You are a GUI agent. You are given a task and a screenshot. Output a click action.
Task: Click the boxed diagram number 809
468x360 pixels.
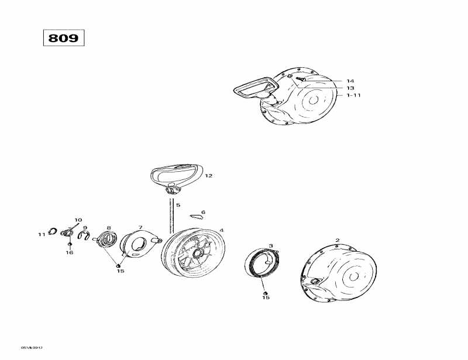(64, 37)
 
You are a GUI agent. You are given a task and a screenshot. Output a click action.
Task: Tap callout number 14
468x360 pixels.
(350, 81)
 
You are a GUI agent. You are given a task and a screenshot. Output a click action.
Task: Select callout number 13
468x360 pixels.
(350, 88)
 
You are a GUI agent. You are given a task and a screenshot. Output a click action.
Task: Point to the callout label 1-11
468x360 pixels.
(353, 95)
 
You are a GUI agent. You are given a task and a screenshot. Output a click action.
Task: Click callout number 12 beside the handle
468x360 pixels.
(208, 175)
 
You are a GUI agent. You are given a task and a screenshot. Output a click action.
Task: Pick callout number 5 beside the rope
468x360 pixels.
(178, 206)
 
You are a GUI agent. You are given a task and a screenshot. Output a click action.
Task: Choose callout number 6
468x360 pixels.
(203, 213)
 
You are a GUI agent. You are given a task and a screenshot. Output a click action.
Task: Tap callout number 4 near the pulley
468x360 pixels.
(221, 230)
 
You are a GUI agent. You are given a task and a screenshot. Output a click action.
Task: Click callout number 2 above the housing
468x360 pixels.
(337, 240)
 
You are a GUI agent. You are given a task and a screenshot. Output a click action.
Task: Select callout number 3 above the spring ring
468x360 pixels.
(270, 245)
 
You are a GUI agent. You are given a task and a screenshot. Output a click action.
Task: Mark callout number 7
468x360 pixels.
(140, 227)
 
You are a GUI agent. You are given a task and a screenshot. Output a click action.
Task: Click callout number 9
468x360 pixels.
(85, 228)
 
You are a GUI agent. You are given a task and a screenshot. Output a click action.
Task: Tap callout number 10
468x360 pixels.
(78, 220)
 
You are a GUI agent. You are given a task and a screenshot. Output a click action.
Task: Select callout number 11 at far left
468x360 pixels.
(42, 234)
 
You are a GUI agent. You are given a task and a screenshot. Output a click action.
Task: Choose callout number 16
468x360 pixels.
(70, 252)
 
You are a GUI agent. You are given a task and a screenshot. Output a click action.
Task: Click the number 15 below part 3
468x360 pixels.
(266, 297)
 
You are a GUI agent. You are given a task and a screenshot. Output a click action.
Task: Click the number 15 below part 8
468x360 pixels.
(120, 271)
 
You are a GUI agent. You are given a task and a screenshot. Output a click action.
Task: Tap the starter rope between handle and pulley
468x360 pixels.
(173, 213)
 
